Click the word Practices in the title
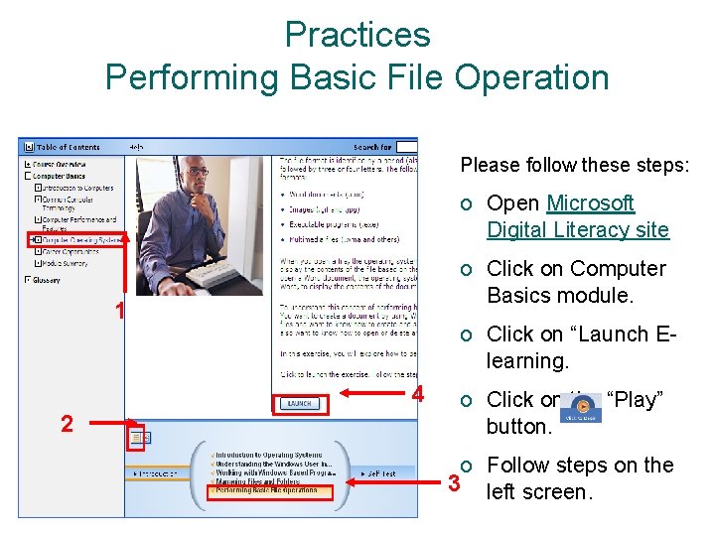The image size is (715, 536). (x=357, y=35)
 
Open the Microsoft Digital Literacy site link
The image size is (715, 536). (x=577, y=216)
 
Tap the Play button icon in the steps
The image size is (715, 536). (x=580, y=407)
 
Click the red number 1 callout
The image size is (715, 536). (x=119, y=312)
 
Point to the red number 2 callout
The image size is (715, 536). (x=66, y=425)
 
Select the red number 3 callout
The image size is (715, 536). (x=455, y=484)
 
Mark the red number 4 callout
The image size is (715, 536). (x=418, y=394)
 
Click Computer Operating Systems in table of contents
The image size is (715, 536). (x=82, y=239)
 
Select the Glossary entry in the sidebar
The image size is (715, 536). (x=48, y=280)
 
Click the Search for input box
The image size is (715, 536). (x=405, y=147)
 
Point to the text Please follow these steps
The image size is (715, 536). (x=575, y=165)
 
